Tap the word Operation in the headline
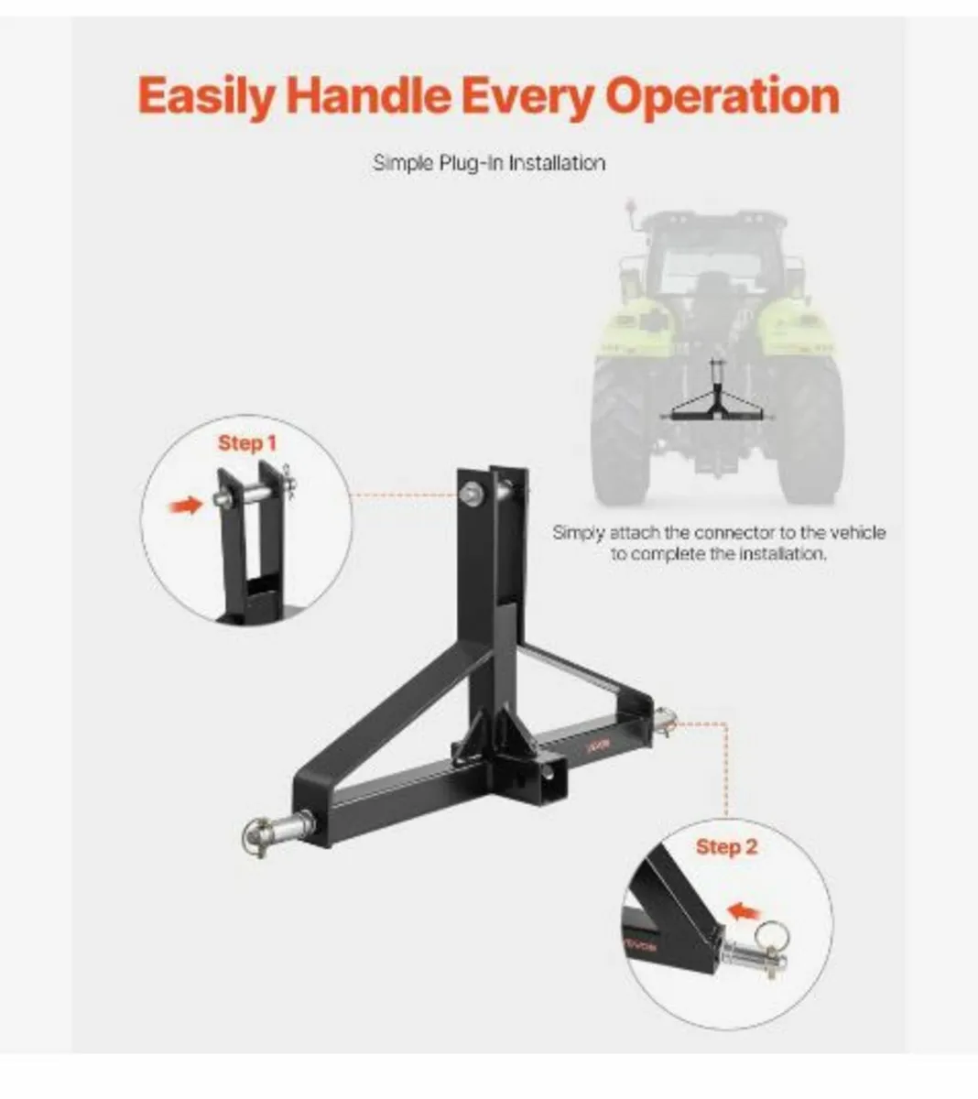click(723, 95)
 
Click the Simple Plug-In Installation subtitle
click(489, 163)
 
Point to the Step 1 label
click(246, 443)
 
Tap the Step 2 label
click(726, 846)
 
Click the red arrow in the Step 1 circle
click(186, 505)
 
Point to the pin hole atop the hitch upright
click(471, 495)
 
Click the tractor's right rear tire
click(809, 430)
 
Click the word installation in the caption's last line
click(780, 554)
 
